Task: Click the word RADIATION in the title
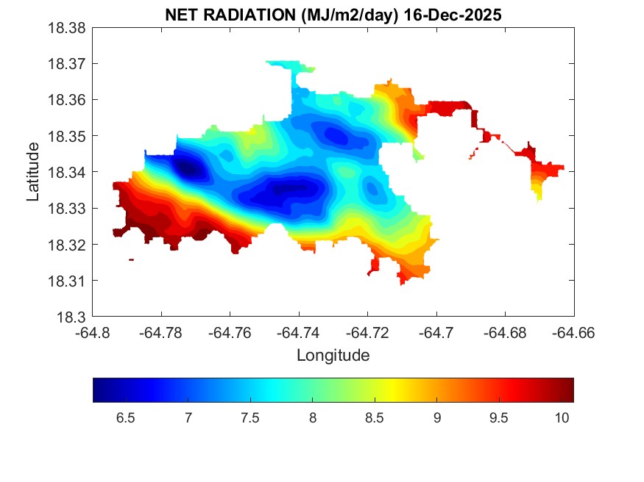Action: (239, 14)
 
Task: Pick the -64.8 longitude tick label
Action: (94, 333)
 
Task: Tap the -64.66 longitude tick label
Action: (574, 333)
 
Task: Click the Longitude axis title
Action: (333, 356)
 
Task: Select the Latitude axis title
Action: (33, 173)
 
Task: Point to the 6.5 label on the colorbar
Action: (126, 418)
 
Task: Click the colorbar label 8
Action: (314, 418)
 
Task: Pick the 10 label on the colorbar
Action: (562, 418)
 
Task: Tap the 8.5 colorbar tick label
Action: (375, 418)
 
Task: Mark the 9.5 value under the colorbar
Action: (500, 418)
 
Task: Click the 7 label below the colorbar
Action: (188, 418)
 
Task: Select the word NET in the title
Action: (181, 14)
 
